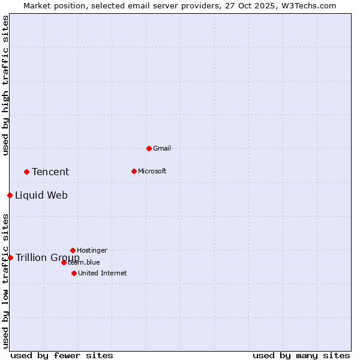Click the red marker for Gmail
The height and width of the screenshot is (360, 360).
(149, 148)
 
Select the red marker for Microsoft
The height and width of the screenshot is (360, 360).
(134, 171)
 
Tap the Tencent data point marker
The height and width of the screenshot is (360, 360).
(26, 172)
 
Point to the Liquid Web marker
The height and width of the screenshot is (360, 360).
(10, 195)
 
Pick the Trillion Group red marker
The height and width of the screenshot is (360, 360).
(10, 257)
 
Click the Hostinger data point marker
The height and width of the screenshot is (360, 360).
(73, 250)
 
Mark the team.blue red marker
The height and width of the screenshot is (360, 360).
(64, 262)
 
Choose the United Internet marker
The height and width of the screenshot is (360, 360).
(74, 273)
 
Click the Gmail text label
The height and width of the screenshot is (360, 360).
(162, 148)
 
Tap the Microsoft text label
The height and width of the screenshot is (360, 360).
(152, 171)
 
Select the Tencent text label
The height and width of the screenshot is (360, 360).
(50, 172)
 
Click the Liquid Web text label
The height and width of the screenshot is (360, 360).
(41, 196)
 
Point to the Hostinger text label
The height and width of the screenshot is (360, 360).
(92, 250)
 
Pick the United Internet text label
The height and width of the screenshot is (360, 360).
(102, 273)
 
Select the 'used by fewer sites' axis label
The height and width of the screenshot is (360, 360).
(62, 355)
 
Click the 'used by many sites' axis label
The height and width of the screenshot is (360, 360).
(301, 355)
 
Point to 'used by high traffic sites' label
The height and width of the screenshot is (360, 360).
(5, 86)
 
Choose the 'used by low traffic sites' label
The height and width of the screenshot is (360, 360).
(5, 281)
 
